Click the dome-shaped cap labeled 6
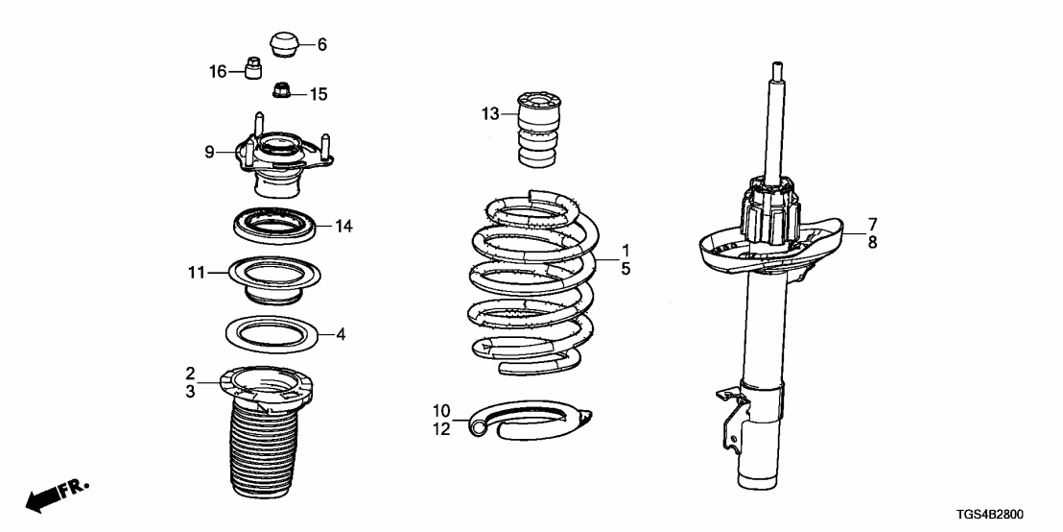(x=283, y=43)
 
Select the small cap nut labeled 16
(x=254, y=70)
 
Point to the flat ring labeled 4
(x=273, y=334)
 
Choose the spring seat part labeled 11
(x=274, y=278)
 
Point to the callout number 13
(x=490, y=115)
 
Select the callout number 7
(x=872, y=224)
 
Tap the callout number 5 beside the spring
(x=626, y=270)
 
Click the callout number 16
(x=218, y=71)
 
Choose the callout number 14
(x=344, y=227)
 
